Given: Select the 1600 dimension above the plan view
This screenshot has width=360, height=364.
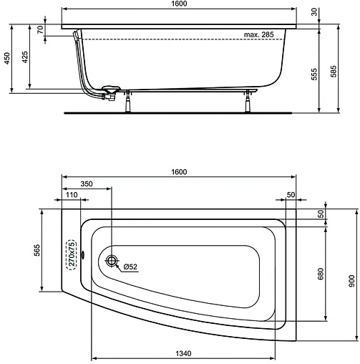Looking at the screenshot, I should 179,172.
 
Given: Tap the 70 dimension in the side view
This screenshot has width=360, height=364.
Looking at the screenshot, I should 42,29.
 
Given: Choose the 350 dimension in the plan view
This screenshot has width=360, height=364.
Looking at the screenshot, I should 86,184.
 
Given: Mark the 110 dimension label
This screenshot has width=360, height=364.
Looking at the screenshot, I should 72,196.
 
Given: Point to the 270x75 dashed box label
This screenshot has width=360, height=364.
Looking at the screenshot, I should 71,254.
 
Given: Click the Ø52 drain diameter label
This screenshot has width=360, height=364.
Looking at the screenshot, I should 131,268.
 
